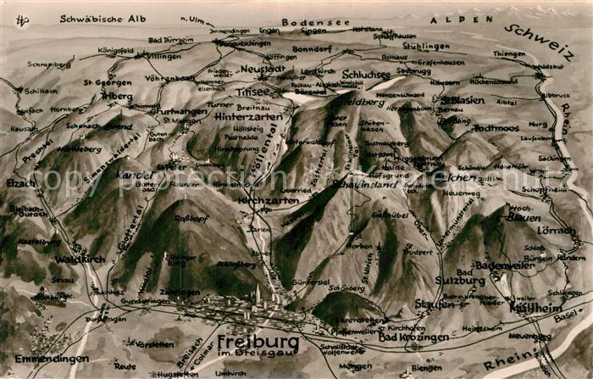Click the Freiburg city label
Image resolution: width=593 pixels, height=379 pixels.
(x=258, y=342)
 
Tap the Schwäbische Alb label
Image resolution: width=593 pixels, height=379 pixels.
(x=103, y=19)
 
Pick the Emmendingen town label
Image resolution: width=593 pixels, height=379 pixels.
(x=52, y=358)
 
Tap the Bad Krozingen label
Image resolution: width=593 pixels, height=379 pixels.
(x=413, y=337)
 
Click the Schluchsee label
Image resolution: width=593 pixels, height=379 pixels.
(x=367, y=75)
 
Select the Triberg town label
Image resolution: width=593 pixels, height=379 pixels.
(x=117, y=96)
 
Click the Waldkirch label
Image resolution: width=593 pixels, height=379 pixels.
(x=80, y=259)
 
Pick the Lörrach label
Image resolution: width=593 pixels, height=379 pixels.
(x=555, y=231)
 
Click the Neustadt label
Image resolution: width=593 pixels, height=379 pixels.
(x=263, y=69)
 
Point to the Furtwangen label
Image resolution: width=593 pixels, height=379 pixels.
(x=181, y=111)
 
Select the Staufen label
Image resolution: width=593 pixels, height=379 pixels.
(x=434, y=304)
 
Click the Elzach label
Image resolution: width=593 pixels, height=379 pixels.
(x=21, y=182)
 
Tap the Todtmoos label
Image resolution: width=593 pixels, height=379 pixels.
(x=495, y=128)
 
